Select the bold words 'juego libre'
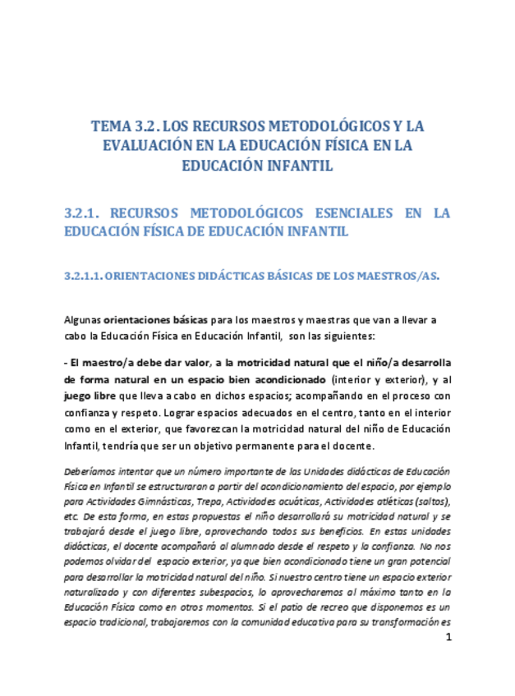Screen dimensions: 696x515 click(90, 396)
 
